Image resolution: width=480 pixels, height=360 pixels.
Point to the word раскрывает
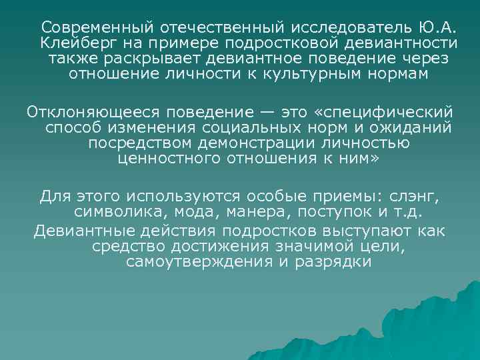(155, 59)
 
